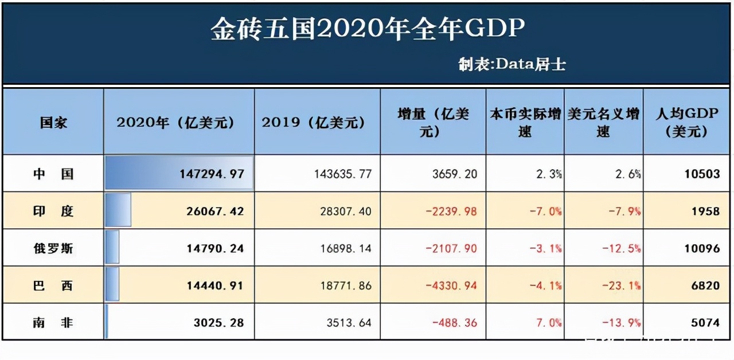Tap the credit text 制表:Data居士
[512, 64]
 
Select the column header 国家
[53, 123]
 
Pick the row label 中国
[53, 174]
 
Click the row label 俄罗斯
[53, 248]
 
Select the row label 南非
[53, 323]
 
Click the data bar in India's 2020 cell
[118, 210]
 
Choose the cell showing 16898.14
[342, 248]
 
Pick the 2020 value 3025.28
[218, 323]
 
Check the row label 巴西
[53, 285]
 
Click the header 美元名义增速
[604, 122]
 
